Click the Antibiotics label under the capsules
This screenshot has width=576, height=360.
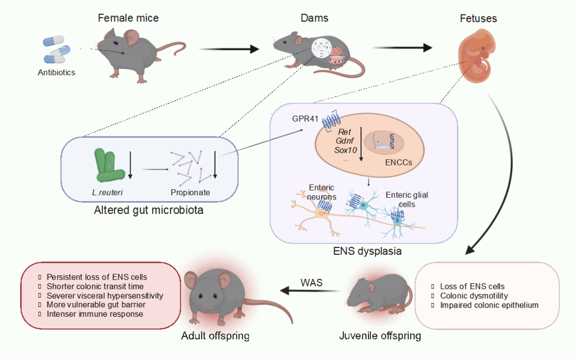pos(57,73)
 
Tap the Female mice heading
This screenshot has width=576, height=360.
pos(128,18)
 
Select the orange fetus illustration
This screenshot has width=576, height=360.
pos(474,58)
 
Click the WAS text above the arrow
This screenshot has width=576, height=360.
pos(312,282)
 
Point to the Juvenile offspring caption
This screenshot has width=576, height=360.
pos(380,336)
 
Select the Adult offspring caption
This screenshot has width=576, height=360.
pos(215,336)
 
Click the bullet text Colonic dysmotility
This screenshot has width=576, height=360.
pos(474,296)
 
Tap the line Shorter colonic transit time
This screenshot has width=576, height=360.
pos(95,286)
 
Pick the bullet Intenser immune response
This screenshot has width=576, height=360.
pos(95,314)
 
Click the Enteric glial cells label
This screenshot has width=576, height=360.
pos(407,199)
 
